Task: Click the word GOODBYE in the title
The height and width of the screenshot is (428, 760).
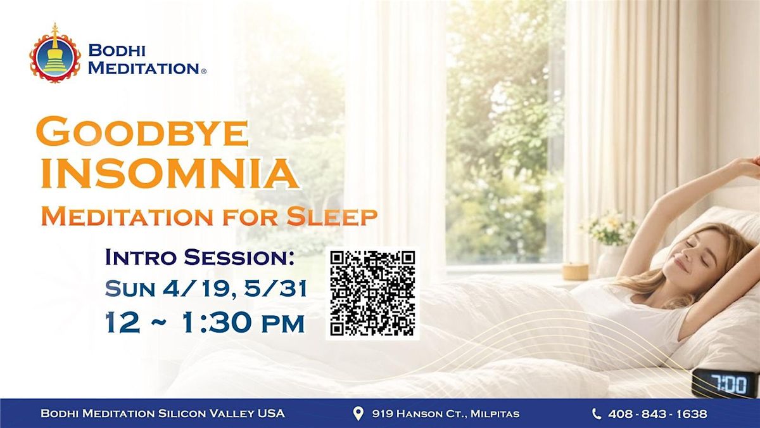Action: (x=142, y=132)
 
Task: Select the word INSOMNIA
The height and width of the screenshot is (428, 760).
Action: (x=170, y=173)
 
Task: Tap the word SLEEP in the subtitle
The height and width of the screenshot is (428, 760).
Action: (x=332, y=216)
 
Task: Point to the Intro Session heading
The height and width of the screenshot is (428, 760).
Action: (x=199, y=257)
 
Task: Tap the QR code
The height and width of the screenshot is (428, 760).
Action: (x=372, y=294)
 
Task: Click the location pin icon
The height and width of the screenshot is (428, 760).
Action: (x=358, y=413)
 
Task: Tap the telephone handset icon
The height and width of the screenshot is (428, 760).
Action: (x=596, y=413)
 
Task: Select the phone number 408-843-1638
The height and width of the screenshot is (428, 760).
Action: (x=657, y=413)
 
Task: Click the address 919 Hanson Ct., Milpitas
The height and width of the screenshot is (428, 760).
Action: (x=445, y=413)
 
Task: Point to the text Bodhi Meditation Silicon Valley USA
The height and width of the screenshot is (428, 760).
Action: (x=163, y=413)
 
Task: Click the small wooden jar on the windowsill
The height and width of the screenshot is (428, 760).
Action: (x=575, y=271)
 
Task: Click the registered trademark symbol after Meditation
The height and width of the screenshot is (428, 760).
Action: (x=203, y=72)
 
